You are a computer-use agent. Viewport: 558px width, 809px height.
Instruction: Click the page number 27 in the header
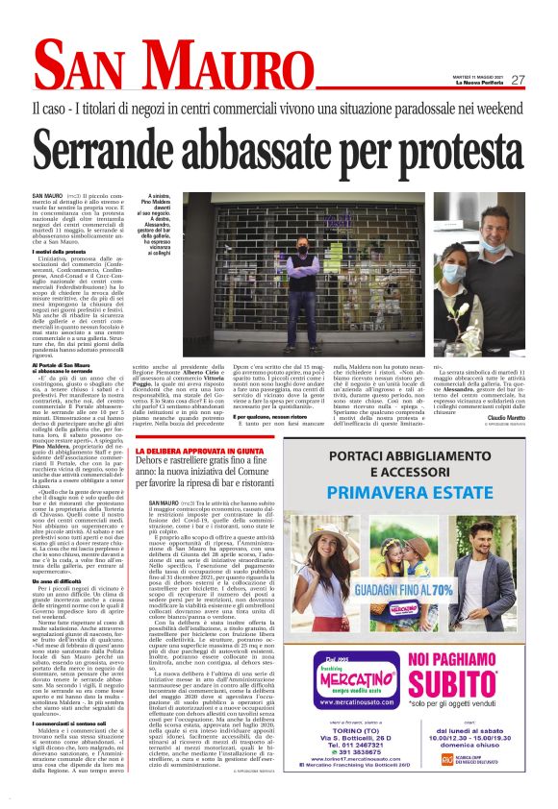coord(517,80)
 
